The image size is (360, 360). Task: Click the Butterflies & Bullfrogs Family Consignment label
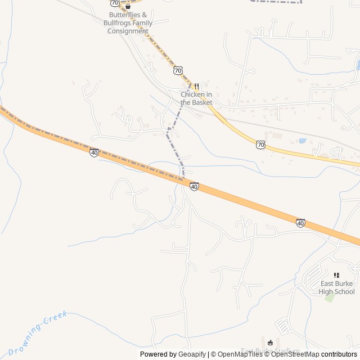pyautogui.click(x=128, y=23)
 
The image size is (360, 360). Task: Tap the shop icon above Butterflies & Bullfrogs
pyautogui.click(x=128, y=7)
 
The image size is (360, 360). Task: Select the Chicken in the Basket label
pyautogui.click(x=196, y=98)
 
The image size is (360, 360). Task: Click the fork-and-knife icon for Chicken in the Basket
pyautogui.click(x=196, y=87)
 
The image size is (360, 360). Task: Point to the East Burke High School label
pyautogui.click(x=336, y=287)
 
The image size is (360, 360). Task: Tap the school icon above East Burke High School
pyautogui.click(x=336, y=275)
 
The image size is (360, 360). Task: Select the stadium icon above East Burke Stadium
pyautogui.click(x=270, y=343)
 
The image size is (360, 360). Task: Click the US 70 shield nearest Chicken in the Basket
pyautogui.click(x=178, y=70)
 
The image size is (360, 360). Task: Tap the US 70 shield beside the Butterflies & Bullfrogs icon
pyautogui.click(x=115, y=3)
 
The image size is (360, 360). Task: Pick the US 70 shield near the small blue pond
pyautogui.click(x=260, y=145)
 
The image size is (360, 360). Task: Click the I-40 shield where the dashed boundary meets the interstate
pyautogui.click(x=194, y=186)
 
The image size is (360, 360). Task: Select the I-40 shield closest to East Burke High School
pyautogui.click(x=301, y=223)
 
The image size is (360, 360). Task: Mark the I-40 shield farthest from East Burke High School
pyautogui.click(x=94, y=152)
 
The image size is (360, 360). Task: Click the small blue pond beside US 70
pyautogui.click(x=303, y=141)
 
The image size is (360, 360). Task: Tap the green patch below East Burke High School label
pyautogui.click(x=329, y=298)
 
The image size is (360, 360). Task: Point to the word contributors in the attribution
pyautogui.click(x=339, y=354)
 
